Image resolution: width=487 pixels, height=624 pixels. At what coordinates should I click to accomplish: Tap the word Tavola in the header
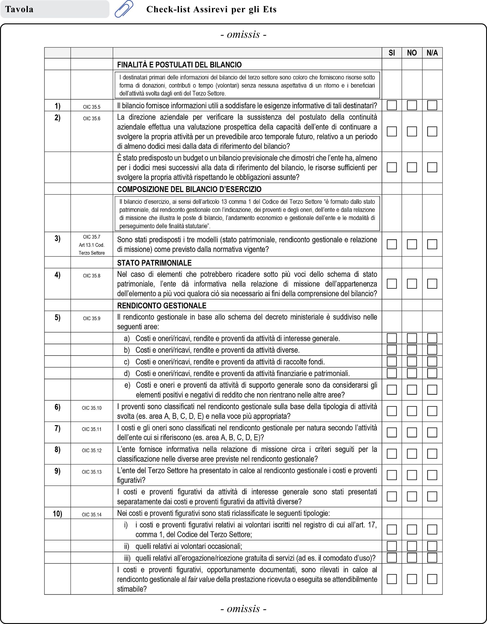pos(19,10)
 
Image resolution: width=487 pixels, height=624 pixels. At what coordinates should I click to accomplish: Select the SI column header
pos(392,53)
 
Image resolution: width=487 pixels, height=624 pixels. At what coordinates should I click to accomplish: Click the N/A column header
pos(432,53)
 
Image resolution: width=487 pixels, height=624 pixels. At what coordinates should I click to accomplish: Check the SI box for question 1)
pos(392,105)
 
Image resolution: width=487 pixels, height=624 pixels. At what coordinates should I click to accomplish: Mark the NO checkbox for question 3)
pos(412,244)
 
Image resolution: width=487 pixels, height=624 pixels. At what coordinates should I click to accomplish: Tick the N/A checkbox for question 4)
pos(432,283)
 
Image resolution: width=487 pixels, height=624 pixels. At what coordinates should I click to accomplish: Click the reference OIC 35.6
pos(91,118)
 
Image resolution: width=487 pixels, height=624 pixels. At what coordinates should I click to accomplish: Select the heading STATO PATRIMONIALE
pos(154,263)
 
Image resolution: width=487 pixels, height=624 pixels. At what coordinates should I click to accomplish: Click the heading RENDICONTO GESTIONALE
pos(161,305)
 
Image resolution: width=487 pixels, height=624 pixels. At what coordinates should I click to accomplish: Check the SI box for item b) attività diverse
pos(392,350)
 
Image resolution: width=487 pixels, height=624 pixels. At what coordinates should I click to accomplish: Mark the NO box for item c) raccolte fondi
pos(412,361)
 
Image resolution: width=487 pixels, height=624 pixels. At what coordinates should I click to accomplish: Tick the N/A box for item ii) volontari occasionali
pos(432,546)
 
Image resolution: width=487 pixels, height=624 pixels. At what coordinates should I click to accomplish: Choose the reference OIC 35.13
pos(91,472)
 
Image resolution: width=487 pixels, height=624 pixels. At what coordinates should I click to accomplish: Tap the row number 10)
pos(58,514)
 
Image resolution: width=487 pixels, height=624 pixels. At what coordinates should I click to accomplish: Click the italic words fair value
pos(201,579)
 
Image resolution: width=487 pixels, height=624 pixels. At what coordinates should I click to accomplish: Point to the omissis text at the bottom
pos(243,609)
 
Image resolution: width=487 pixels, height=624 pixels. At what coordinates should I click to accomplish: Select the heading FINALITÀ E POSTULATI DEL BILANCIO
pos(179,65)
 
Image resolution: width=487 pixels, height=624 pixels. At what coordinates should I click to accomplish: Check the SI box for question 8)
pos(392,454)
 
